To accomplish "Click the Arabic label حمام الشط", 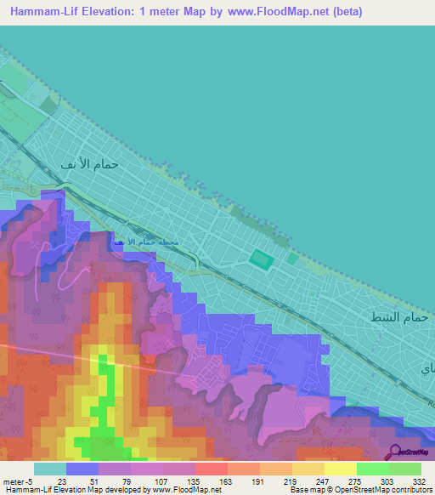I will [395, 316].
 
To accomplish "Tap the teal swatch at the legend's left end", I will [50, 469].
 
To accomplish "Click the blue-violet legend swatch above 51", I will [82, 469].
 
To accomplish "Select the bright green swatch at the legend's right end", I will [405, 469].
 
